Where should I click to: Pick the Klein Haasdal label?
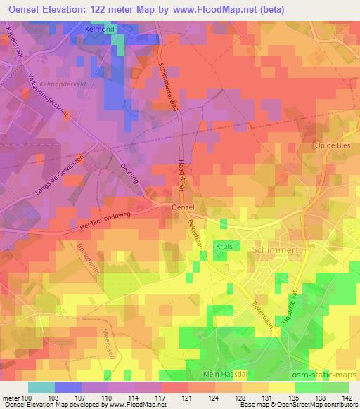pyautogui.click(x=226, y=375)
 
